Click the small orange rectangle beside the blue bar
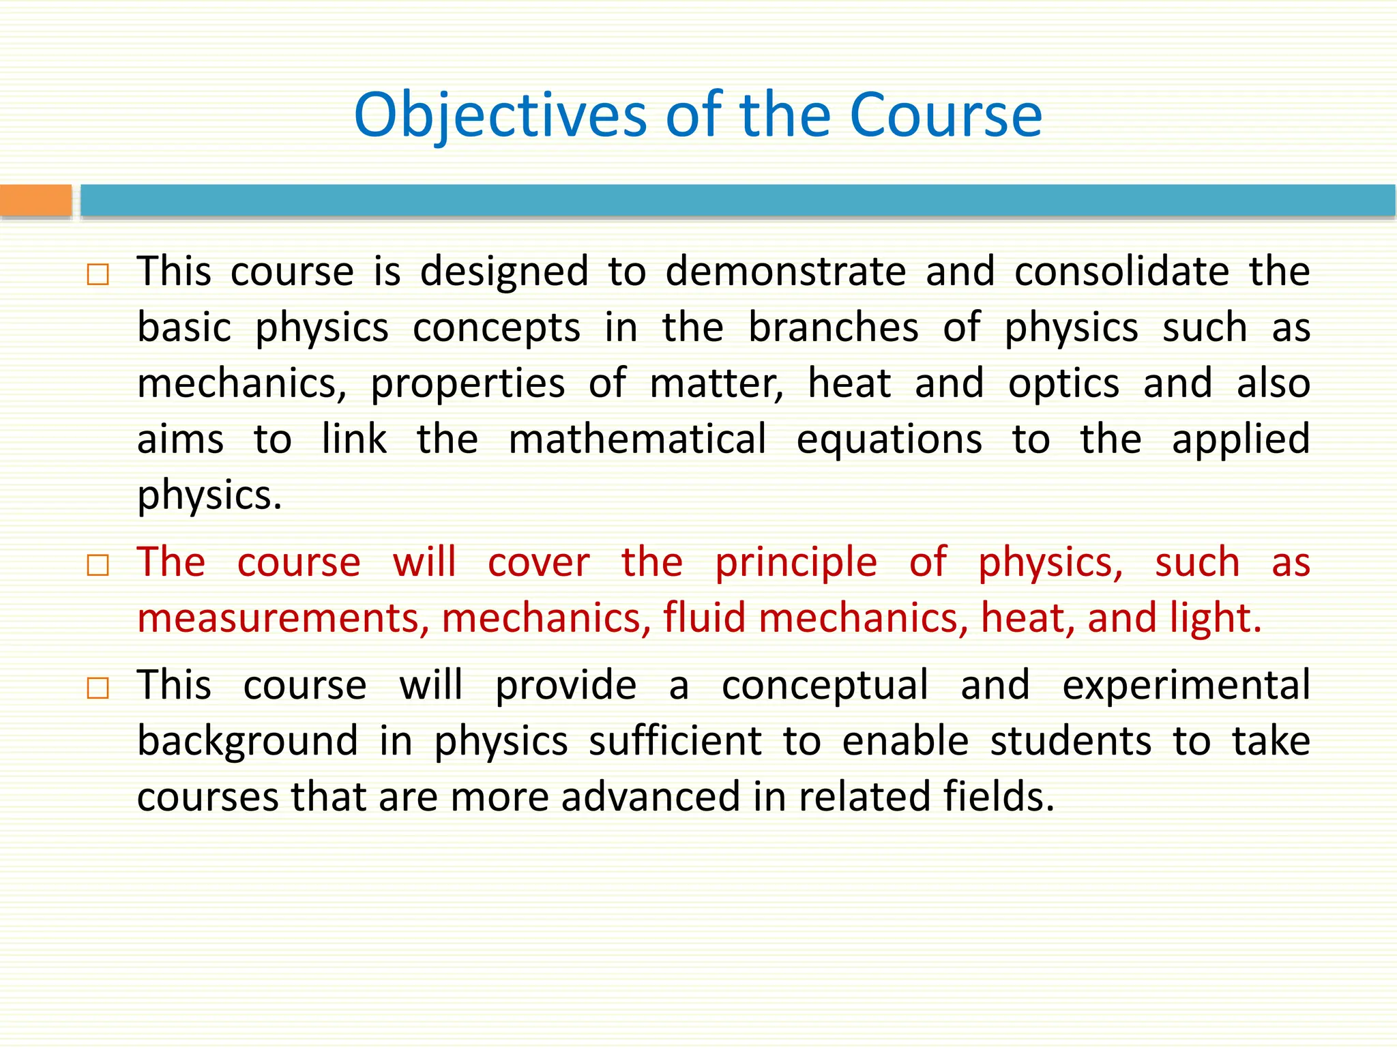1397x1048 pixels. coord(35,201)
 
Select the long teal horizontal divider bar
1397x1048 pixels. coord(737,201)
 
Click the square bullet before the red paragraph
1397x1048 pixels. coord(98,566)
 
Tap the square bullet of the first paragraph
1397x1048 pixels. coord(98,275)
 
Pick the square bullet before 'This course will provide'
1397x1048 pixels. coord(98,688)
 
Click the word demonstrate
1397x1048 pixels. coord(785,272)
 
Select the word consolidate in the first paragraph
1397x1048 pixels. coord(1121,272)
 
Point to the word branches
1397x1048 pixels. coord(833,327)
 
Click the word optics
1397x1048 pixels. coord(1063,383)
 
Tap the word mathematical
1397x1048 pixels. coord(637,439)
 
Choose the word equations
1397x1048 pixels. coord(889,441)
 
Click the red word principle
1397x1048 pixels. coord(795,564)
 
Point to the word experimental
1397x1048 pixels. coord(1186,686)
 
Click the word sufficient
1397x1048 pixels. coord(675,742)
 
